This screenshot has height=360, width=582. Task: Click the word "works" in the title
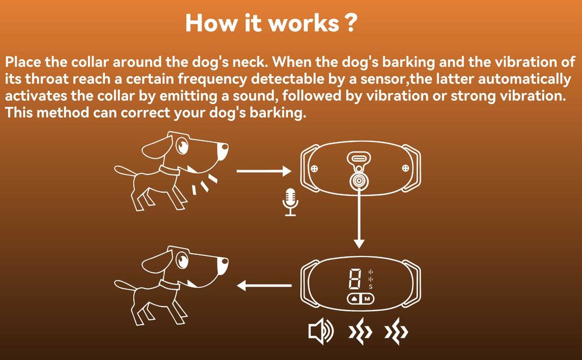[x=303, y=23]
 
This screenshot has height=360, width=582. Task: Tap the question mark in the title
[x=350, y=23]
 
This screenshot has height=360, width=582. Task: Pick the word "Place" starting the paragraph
[x=23, y=62]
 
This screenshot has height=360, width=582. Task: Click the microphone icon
[x=290, y=202]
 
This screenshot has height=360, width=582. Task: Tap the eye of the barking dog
[x=182, y=145]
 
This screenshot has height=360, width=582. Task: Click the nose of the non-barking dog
[x=224, y=261]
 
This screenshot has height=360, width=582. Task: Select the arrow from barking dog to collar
[x=264, y=171]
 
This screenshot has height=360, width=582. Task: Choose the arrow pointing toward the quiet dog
[x=264, y=286]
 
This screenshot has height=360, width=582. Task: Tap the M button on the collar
[x=367, y=299]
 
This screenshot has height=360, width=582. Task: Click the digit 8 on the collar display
[x=354, y=279]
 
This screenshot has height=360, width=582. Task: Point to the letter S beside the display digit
[x=370, y=286]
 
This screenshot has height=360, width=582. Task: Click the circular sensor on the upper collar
[x=359, y=180]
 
